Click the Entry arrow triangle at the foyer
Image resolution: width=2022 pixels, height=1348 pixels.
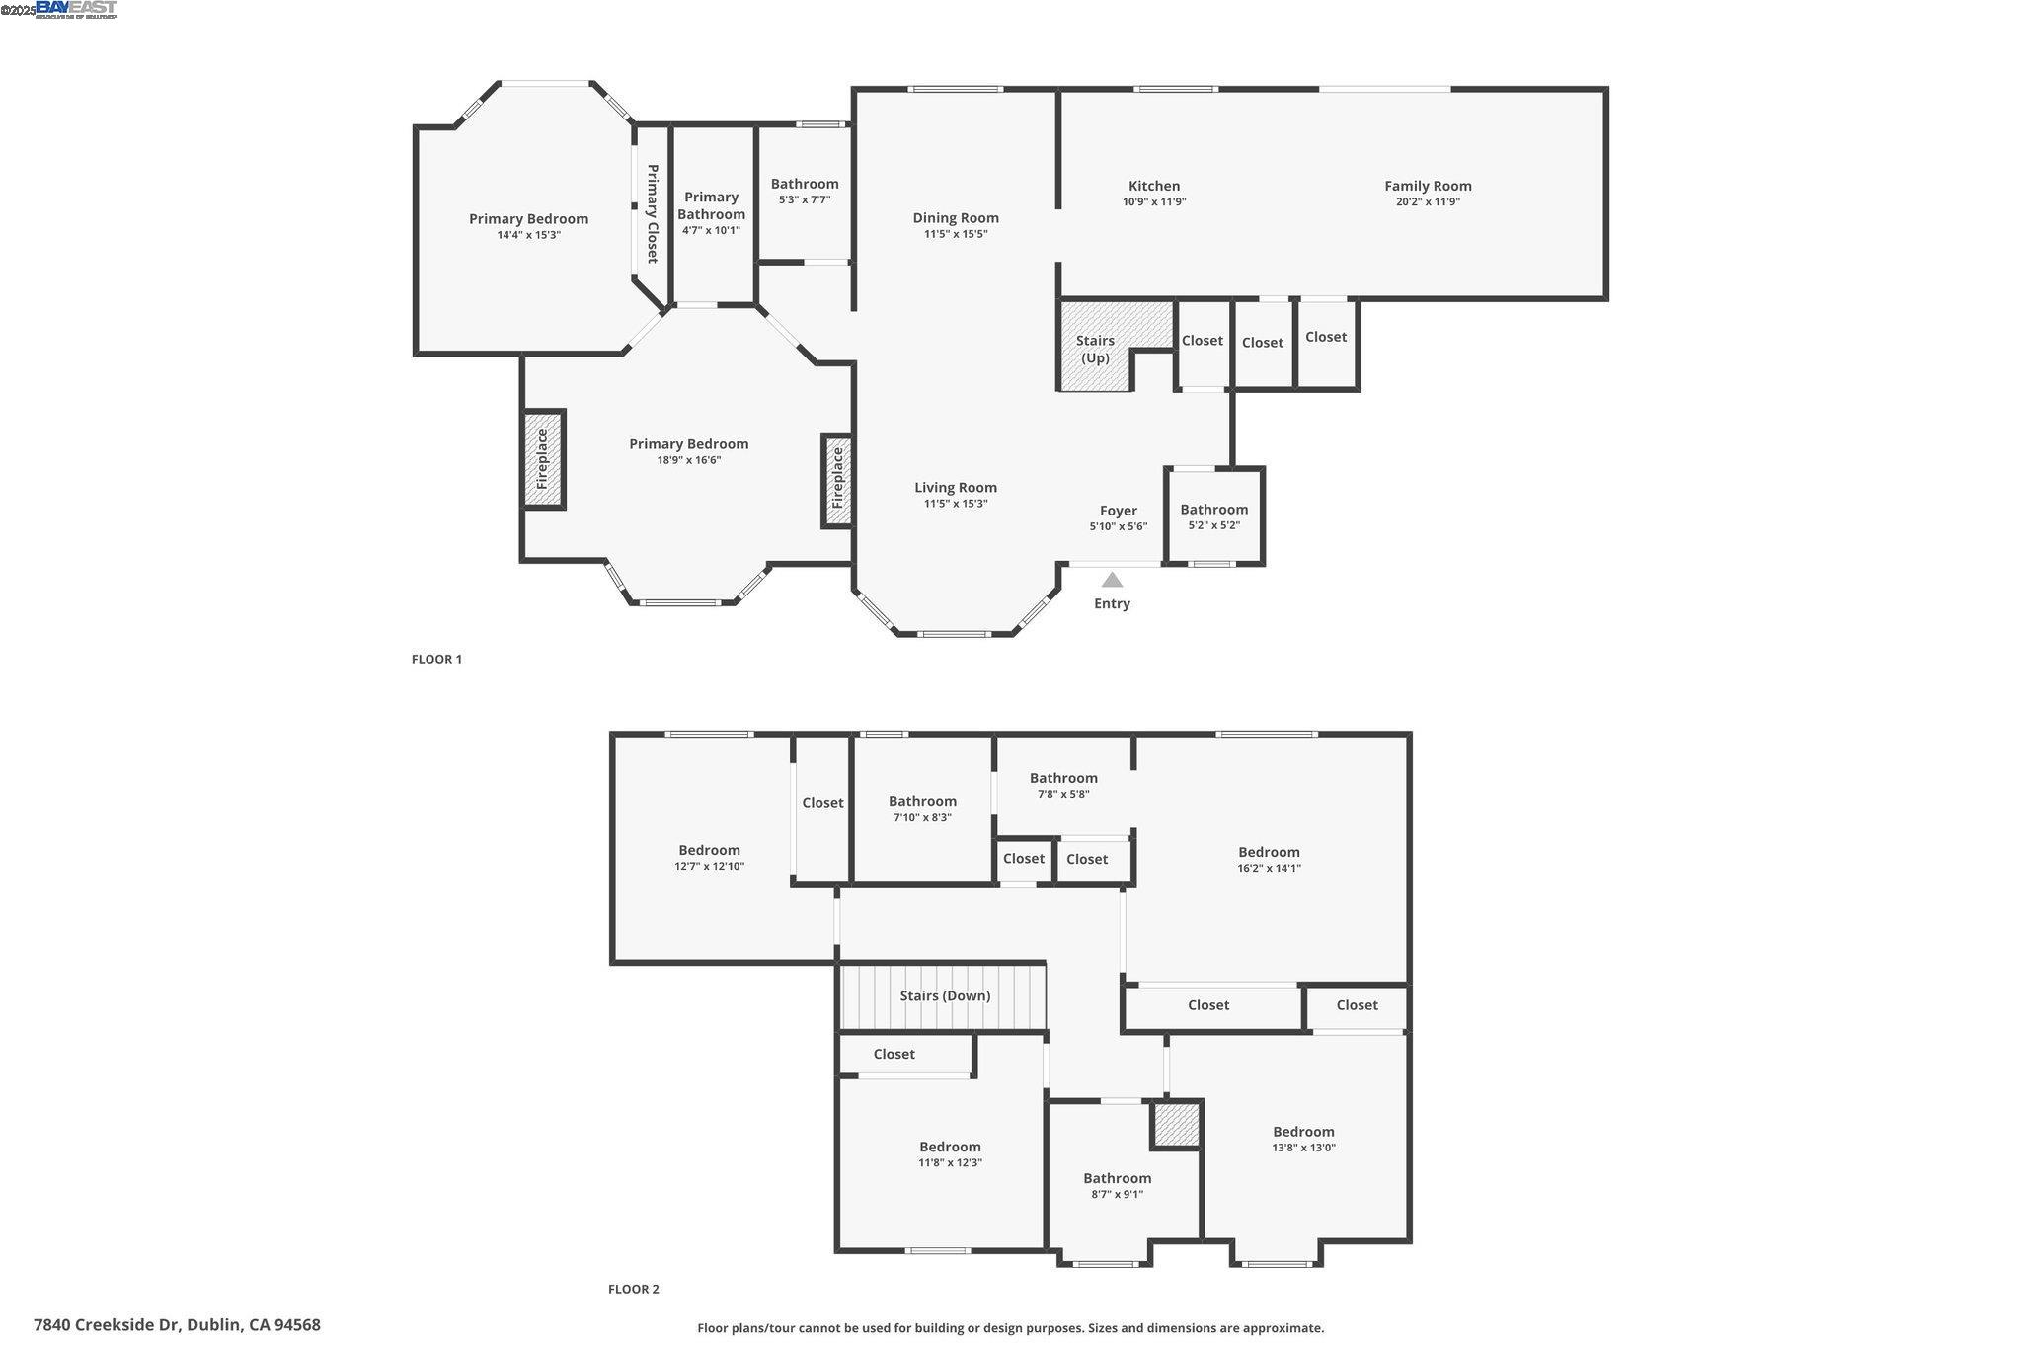(x=1112, y=580)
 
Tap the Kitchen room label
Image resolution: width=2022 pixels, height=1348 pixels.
(x=1154, y=186)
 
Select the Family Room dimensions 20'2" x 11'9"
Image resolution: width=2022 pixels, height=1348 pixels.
(x=1428, y=202)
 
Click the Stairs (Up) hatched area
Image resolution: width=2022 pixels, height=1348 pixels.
(x=1096, y=348)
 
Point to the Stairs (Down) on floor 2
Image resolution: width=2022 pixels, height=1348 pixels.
(x=944, y=996)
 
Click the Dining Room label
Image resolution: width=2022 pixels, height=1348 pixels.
(x=956, y=218)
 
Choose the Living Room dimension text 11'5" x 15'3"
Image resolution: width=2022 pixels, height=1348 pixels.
(x=956, y=504)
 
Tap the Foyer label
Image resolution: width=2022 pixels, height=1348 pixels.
(x=1119, y=511)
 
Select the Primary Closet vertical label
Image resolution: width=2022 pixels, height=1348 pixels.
(x=653, y=213)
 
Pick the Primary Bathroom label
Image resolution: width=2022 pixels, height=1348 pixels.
(x=711, y=205)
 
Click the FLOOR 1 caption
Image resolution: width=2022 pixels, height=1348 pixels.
(x=436, y=660)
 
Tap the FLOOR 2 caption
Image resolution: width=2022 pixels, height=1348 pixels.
(x=633, y=1289)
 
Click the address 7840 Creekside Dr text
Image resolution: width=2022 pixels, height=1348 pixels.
(x=177, y=1325)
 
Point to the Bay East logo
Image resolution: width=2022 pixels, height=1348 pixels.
(x=76, y=9)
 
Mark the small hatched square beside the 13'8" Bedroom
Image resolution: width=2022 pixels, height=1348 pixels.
(x=1176, y=1125)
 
